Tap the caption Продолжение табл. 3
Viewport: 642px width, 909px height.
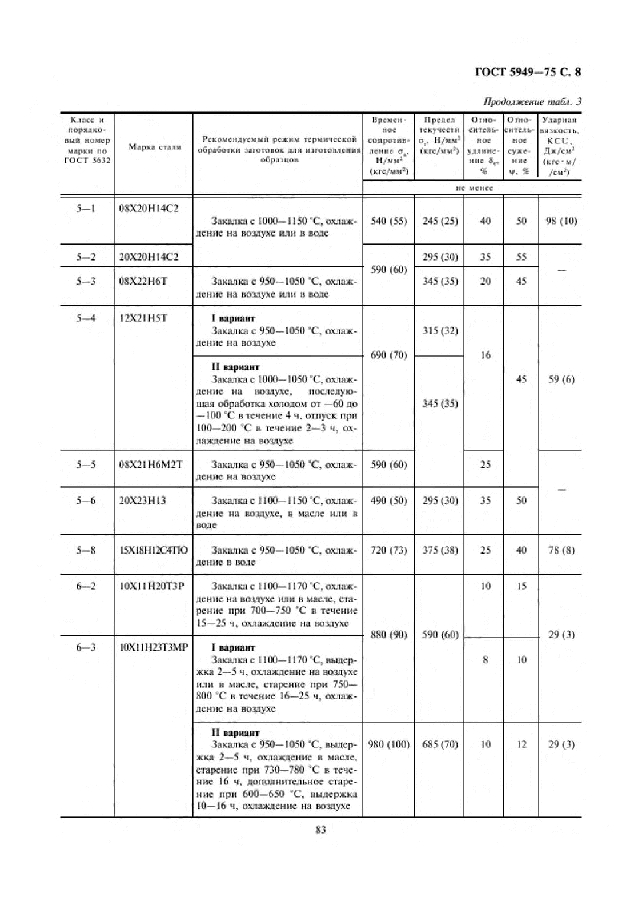(x=532, y=102)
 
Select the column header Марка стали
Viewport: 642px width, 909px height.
(x=154, y=147)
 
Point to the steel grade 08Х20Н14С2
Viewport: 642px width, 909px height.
(x=149, y=208)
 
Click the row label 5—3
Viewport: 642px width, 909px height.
(x=86, y=281)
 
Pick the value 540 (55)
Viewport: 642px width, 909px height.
(x=388, y=221)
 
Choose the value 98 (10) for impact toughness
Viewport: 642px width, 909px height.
(x=561, y=221)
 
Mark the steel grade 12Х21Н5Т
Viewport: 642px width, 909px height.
(x=143, y=318)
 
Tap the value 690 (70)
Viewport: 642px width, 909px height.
(x=388, y=355)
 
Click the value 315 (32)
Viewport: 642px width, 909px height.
(x=440, y=330)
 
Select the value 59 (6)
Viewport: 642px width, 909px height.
(x=561, y=379)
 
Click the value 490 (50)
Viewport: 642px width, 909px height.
(x=388, y=500)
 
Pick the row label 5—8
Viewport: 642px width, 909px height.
(x=86, y=550)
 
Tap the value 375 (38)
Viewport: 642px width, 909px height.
(x=440, y=550)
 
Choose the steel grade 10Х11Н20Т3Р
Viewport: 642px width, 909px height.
(x=152, y=586)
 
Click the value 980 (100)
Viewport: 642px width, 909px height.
(x=388, y=744)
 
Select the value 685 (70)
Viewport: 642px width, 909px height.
(x=440, y=744)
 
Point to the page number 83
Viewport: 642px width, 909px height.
(x=320, y=830)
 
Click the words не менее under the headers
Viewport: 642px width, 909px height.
(x=474, y=188)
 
